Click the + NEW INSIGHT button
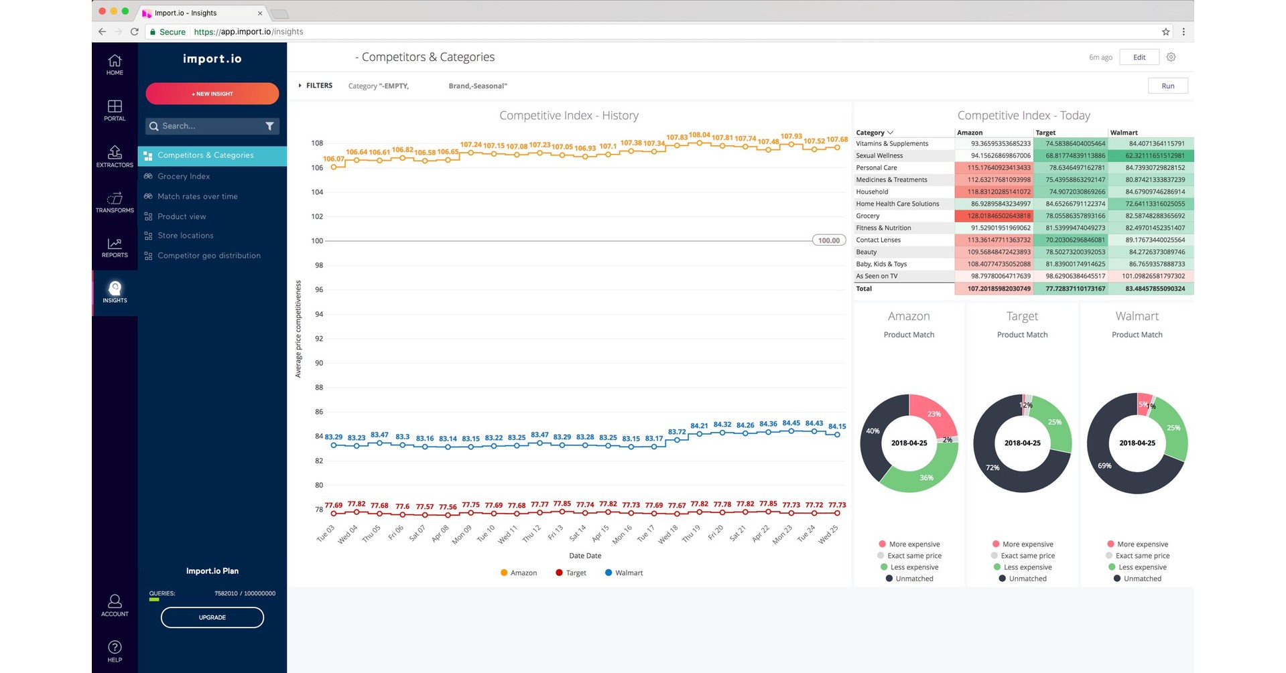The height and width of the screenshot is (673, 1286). pyautogui.click(x=212, y=94)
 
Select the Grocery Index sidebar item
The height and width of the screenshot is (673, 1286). pyautogui.click(x=184, y=176)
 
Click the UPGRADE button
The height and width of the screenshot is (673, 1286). pyautogui.click(x=212, y=617)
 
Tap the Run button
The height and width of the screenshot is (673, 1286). pyautogui.click(x=1167, y=86)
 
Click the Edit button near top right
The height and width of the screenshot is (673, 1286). pyautogui.click(x=1139, y=58)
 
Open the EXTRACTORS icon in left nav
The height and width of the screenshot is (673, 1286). pyautogui.click(x=115, y=156)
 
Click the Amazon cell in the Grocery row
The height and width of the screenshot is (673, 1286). pyautogui.click(x=994, y=216)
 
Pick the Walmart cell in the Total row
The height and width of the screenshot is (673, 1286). pyautogui.click(x=1151, y=289)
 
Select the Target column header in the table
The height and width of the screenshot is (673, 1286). pyautogui.click(x=1045, y=133)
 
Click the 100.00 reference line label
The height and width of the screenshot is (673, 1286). pyautogui.click(x=828, y=240)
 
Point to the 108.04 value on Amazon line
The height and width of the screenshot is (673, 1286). pyautogui.click(x=699, y=135)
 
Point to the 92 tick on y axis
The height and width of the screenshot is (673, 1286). pyautogui.click(x=319, y=339)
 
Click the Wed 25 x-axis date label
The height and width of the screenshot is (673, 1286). pyautogui.click(x=828, y=534)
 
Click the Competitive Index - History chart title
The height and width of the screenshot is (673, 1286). pyautogui.click(x=568, y=115)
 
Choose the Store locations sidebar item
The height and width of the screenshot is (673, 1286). pyautogui.click(x=185, y=236)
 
